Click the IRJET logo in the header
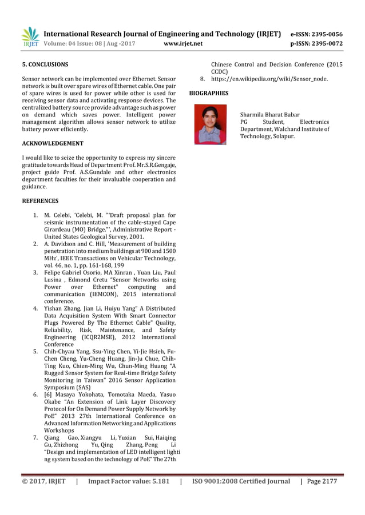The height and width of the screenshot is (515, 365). click(x=30, y=37)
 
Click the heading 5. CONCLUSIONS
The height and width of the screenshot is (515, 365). click(x=45, y=65)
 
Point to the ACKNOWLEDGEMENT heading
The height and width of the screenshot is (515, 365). click(x=52, y=143)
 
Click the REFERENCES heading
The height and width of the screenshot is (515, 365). click(x=39, y=201)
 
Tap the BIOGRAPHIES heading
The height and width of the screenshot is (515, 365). click(x=208, y=92)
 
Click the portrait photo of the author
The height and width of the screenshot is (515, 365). click(x=211, y=124)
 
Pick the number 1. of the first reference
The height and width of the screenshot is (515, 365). click(x=35, y=215)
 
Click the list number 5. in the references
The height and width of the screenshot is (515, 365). click(x=35, y=352)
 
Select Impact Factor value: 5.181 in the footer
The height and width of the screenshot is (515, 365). click(x=129, y=481)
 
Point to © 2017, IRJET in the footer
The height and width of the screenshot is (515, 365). click(x=43, y=481)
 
